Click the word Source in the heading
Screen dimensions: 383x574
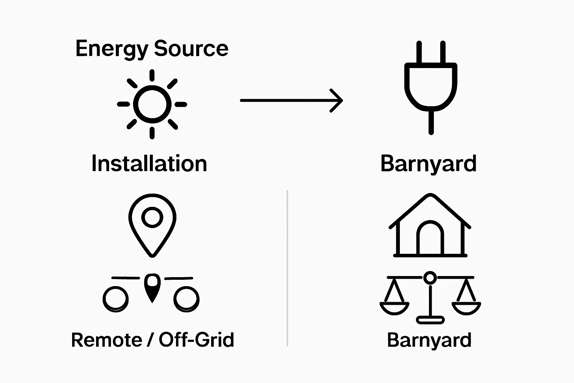tap(191, 49)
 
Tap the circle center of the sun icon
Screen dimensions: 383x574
tap(152, 104)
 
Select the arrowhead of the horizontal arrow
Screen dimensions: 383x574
tap(338, 100)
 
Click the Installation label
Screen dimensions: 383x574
tap(149, 164)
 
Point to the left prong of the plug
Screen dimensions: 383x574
tap(419, 52)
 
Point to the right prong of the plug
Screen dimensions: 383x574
tap(443, 52)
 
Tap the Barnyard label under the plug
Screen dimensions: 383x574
tap(428, 164)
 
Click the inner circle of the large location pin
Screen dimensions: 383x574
tap(152, 217)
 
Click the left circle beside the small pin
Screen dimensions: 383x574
tap(115, 299)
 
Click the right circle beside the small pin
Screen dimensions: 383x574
tap(186, 299)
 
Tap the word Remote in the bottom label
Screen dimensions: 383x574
tap(107, 340)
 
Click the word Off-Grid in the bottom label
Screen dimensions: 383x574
tap(196, 340)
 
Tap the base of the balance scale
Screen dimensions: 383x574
tap(430, 320)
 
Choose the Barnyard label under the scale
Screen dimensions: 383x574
tap(429, 340)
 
